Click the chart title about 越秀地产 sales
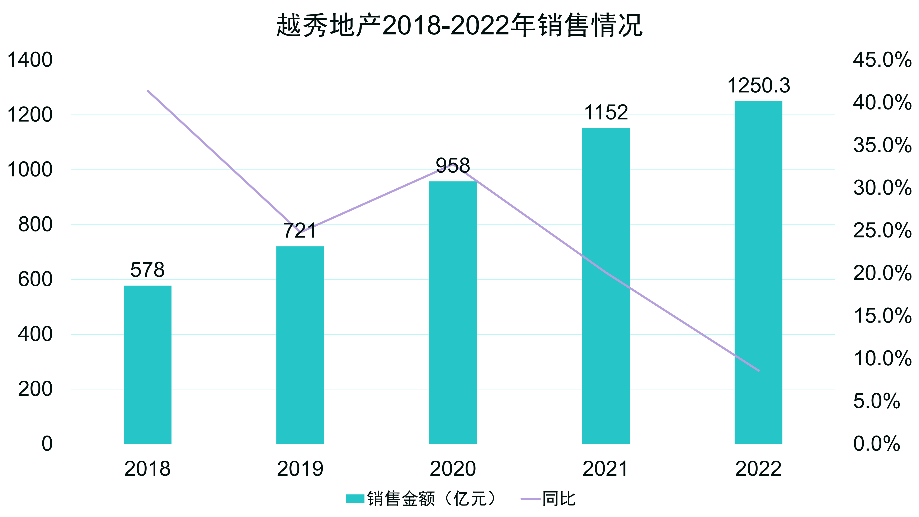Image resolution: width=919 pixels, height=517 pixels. [x=459, y=25]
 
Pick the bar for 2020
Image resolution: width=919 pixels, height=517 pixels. [x=453, y=312]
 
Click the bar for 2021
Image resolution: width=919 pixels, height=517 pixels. [x=606, y=285]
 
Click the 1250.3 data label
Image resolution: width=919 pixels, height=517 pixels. [x=758, y=86]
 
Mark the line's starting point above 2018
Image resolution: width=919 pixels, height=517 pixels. [x=148, y=91]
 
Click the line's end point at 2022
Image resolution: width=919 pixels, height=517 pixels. [x=758, y=370]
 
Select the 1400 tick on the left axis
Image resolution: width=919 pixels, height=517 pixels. [x=30, y=60]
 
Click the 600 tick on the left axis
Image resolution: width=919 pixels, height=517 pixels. [x=35, y=279]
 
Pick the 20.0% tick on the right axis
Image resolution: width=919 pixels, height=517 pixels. [x=882, y=273]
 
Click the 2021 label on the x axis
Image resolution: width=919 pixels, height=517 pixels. [x=606, y=469]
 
